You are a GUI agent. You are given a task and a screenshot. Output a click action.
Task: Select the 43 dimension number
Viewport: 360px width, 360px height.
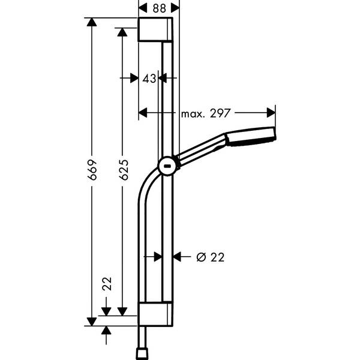pos(149,78)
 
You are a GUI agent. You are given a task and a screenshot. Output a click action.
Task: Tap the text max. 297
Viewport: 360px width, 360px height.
pos(205,112)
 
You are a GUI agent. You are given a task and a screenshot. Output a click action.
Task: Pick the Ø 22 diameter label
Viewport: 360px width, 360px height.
pos(211,257)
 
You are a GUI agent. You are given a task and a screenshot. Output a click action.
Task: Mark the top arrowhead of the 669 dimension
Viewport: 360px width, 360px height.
pos(91,23)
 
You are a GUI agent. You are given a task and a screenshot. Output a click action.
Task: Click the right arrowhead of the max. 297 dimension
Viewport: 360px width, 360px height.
pos(271,112)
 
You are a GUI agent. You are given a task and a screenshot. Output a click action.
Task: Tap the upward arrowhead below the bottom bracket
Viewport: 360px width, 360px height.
pos(107,331)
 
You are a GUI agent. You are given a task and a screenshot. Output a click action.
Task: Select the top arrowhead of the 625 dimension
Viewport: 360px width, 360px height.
pos(122,32)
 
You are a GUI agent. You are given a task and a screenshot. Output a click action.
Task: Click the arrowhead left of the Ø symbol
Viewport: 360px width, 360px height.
pos(178,257)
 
